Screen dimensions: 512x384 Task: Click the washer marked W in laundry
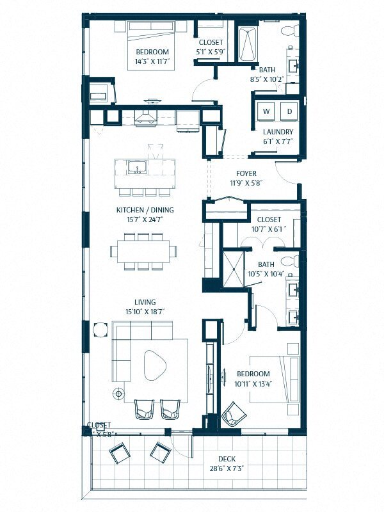click(x=266, y=111)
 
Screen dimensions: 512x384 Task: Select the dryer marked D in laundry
click(x=289, y=111)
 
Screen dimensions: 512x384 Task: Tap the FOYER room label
click(x=246, y=173)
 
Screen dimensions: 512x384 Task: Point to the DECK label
click(x=227, y=458)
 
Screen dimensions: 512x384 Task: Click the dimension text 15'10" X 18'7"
click(x=145, y=312)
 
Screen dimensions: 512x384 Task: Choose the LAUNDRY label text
click(x=278, y=132)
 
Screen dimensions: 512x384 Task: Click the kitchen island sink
click(x=136, y=169)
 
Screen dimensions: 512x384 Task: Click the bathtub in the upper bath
click(x=248, y=44)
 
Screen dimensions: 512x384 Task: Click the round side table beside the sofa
click(x=100, y=330)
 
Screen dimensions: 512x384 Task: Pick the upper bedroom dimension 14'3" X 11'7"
click(x=152, y=62)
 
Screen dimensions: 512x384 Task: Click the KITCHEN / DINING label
click(x=145, y=210)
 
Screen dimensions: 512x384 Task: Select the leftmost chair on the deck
click(x=119, y=454)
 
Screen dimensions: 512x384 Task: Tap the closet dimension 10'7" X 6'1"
click(x=268, y=228)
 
